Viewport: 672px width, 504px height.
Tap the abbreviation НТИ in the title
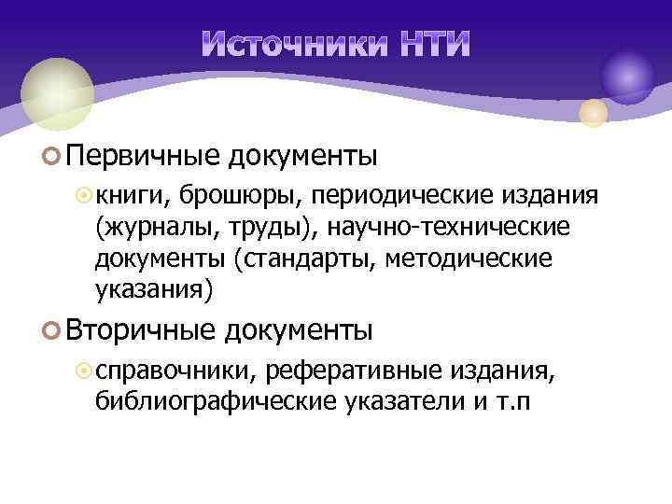[432, 44]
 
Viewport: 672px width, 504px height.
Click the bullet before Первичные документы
[52, 155]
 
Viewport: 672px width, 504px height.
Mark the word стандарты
[304, 259]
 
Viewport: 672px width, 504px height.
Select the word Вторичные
[140, 330]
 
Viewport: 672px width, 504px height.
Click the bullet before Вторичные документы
[52, 331]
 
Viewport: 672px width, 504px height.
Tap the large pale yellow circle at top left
[57, 92]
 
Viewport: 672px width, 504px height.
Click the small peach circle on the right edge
[593, 114]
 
